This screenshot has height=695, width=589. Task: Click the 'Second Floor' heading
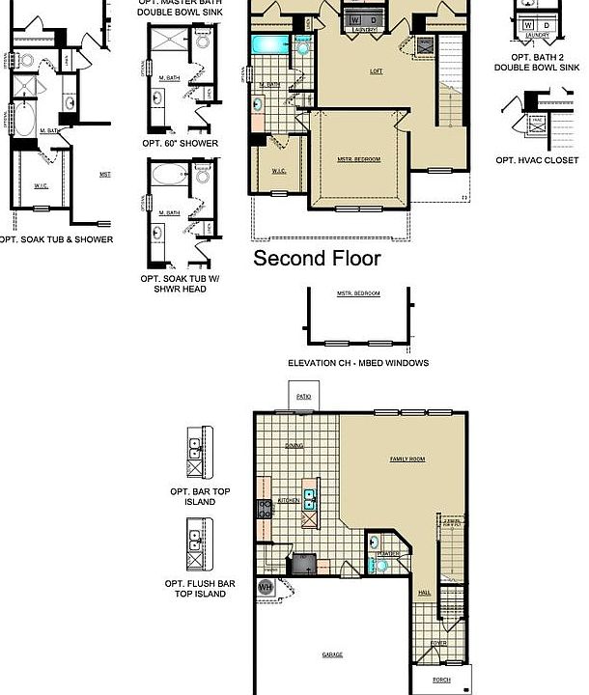(317, 259)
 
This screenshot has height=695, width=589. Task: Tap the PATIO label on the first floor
(303, 397)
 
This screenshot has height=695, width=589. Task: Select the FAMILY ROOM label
(407, 459)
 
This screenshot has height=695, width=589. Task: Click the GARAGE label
(332, 654)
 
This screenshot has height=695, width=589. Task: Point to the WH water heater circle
(265, 586)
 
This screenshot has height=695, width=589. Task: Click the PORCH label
(441, 681)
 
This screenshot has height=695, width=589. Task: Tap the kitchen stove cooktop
(264, 511)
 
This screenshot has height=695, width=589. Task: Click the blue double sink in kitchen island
(310, 499)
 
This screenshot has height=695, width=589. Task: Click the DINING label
(294, 446)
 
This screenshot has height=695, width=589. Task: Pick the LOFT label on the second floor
(376, 71)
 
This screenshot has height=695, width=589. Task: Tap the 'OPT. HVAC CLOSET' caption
(537, 160)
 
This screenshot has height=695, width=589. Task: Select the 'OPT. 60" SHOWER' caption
(179, 143)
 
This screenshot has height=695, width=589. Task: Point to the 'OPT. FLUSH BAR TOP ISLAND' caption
(197, 589)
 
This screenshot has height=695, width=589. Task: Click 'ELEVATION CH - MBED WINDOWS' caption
(358, 363)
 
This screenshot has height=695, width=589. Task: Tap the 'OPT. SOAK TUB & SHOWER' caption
(55, 239)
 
